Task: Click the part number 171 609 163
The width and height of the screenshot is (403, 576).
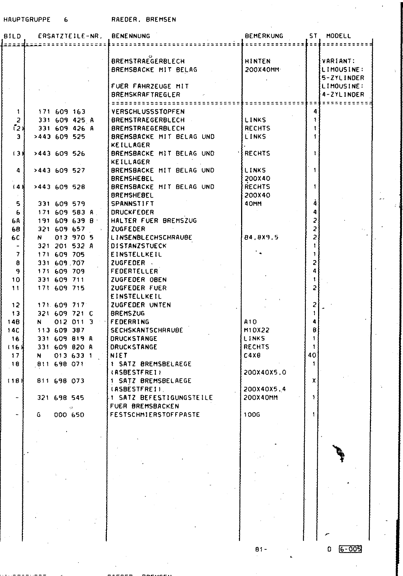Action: [62, 112]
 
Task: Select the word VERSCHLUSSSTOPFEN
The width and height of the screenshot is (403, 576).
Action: [148, 112]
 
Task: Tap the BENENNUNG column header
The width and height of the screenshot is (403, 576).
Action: [131, 36]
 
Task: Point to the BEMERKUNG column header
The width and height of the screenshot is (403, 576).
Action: [264, 36]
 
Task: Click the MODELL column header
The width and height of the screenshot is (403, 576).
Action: [338, 36]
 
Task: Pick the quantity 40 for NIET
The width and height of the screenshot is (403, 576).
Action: [312, 355]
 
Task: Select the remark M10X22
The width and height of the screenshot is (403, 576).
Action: [257, 330]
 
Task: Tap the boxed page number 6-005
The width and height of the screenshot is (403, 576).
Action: [350, 549]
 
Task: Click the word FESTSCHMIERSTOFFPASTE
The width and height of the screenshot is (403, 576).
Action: [155, 415]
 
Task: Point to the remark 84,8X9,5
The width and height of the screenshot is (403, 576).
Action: [261, 238]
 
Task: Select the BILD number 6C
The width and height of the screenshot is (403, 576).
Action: [16, 238]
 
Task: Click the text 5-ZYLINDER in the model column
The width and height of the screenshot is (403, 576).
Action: [343, 78]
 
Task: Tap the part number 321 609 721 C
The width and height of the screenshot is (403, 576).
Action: [65, 314]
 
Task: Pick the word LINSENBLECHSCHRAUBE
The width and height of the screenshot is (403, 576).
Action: [151, 238]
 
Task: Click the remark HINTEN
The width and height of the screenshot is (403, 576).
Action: [257, 61]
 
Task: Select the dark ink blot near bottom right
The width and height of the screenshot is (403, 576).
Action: [339, 453]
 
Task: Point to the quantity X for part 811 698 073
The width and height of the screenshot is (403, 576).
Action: [314, 381]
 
